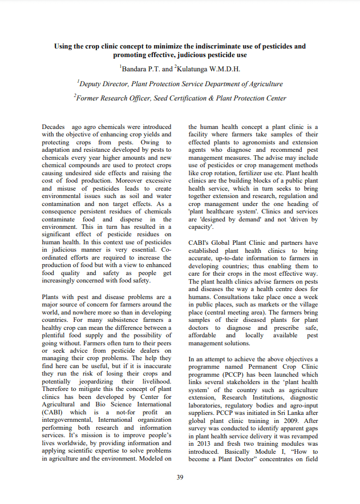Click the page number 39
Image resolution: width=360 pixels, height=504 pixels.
[x=180, y=477]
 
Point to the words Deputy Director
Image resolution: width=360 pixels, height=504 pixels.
[x=103, y=84]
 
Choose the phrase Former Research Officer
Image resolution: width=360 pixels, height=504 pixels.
[x=114, y=98]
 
